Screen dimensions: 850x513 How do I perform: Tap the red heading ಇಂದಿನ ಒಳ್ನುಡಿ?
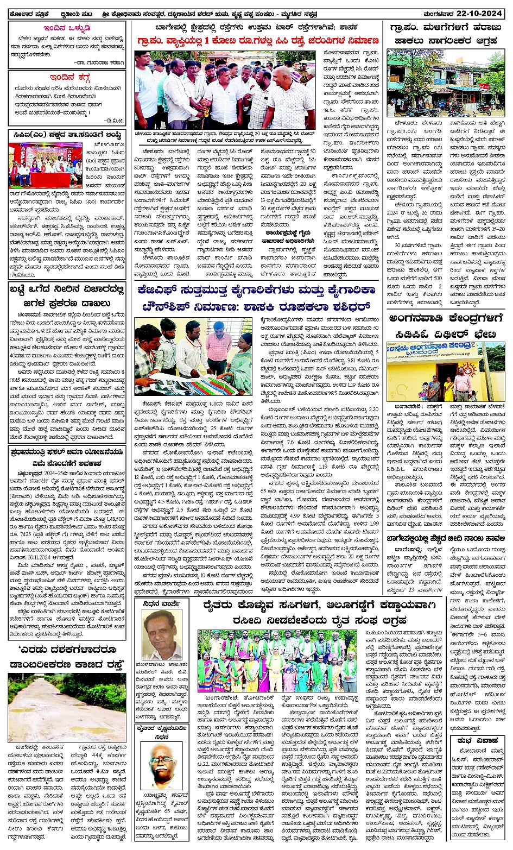pos(67,28)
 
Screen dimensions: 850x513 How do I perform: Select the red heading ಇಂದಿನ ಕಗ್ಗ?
pos(67,77)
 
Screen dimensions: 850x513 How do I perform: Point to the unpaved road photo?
pos(67,707)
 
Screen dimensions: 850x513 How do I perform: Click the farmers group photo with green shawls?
pos(277,660)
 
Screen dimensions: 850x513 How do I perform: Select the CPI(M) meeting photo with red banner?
pos(45,165)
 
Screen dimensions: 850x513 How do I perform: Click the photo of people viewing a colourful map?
pos(193,356)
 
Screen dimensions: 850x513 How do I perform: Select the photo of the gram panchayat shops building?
pos(446,83)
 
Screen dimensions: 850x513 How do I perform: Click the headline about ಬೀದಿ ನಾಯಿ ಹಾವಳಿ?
pos(446,550)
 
